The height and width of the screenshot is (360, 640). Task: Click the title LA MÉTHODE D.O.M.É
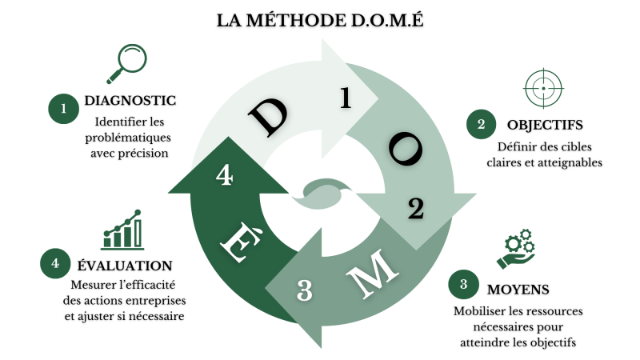(x=320, y=20)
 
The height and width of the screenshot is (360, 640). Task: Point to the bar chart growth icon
(x=122, y=231)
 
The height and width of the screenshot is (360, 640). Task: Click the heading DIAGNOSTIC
(x=130, y=102)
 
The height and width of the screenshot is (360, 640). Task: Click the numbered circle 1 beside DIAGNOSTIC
(x=62, y=109)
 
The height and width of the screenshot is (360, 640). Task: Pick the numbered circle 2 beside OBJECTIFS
(x=481, y=124)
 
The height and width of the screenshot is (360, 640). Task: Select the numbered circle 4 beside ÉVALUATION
(x=54, y=263)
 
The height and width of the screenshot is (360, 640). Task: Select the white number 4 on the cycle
(x=225, y=174)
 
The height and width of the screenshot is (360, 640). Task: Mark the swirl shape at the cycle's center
(x=324, y=190)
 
